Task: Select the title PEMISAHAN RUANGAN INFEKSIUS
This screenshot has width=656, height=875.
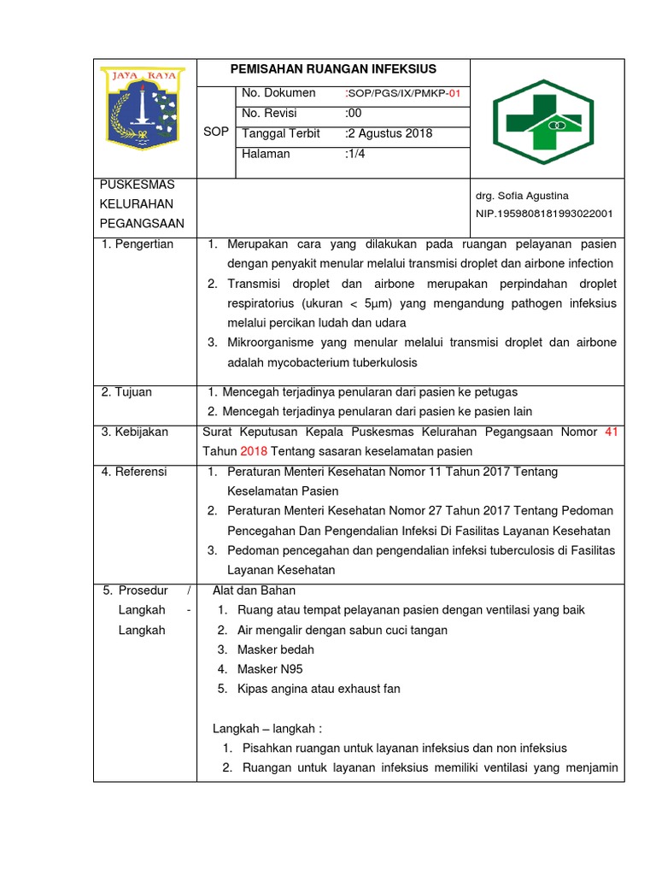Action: pos(333,69)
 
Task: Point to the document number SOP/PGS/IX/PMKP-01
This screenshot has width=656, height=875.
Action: pos(403,94)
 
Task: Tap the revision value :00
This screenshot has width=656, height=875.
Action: pos(354,114)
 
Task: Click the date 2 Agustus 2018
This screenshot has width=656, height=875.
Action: pos(389,134)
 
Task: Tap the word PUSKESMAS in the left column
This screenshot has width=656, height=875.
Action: pos(138,185)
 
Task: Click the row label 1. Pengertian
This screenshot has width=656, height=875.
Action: pos(137,244)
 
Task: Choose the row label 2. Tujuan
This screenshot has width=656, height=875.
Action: pos(126,392)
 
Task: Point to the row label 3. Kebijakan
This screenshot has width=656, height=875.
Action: pos(134,432)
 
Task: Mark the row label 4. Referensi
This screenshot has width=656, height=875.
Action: pos(134,472)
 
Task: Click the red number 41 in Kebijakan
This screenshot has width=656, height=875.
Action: pos(610,432)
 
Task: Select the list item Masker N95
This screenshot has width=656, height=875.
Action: pos(270,669)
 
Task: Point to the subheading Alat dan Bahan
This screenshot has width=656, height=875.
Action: pos(254,590)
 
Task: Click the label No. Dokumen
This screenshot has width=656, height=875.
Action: pos(278,93)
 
